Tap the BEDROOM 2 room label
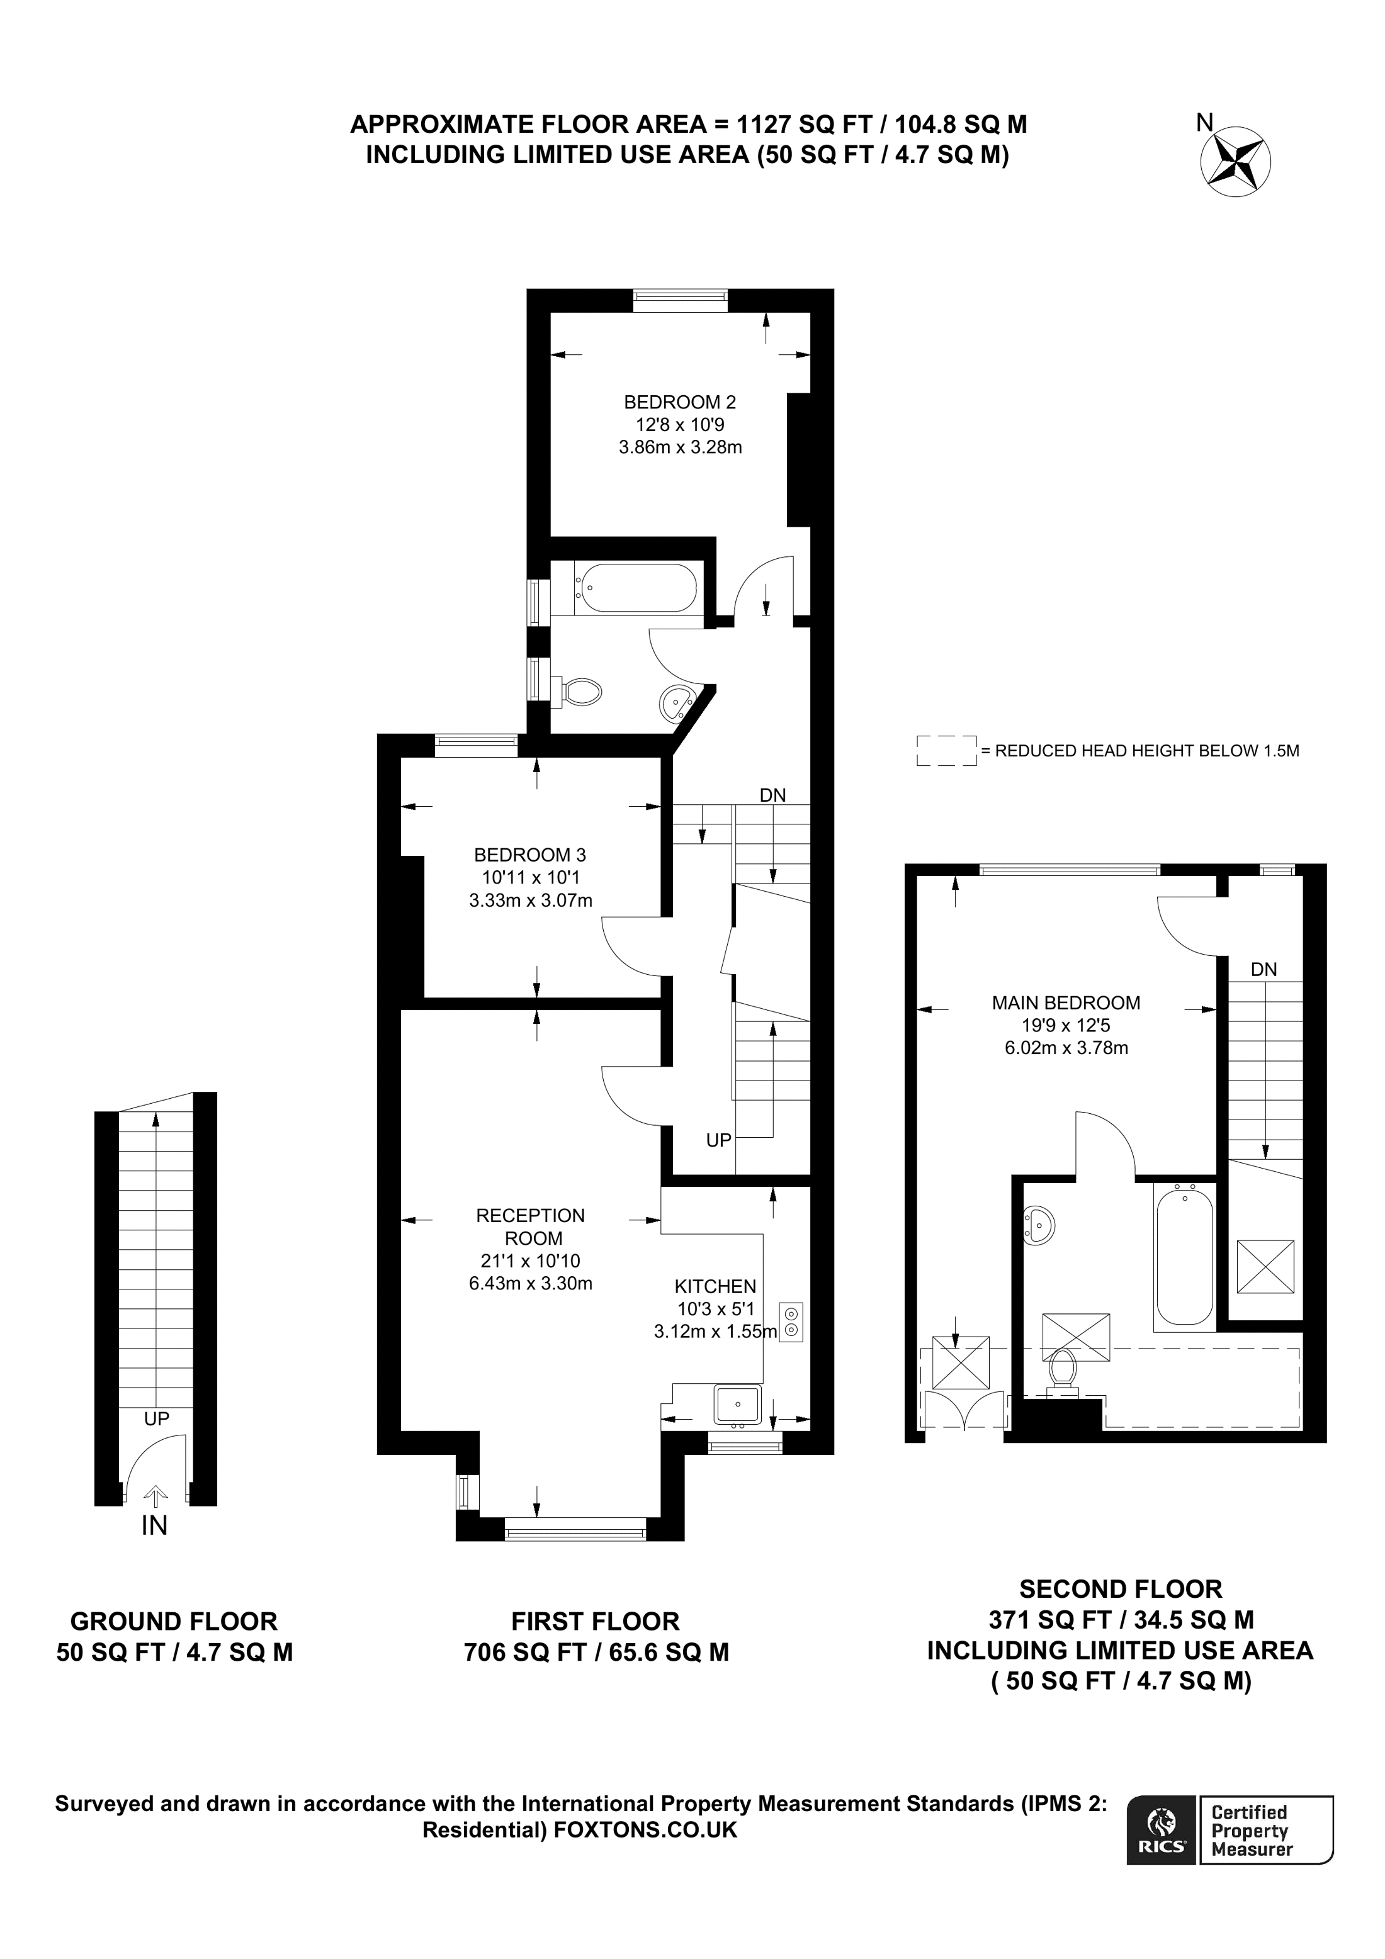(679, 402)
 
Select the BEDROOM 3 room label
(530, 854)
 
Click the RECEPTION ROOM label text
(531, 1226)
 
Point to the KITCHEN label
(715, 1286)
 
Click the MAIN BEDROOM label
(1066, 1002)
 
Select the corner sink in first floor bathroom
(676, 703)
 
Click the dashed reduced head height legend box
(946, 751)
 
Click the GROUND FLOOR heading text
(174, 1621)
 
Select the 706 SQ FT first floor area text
(596, 1653)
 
